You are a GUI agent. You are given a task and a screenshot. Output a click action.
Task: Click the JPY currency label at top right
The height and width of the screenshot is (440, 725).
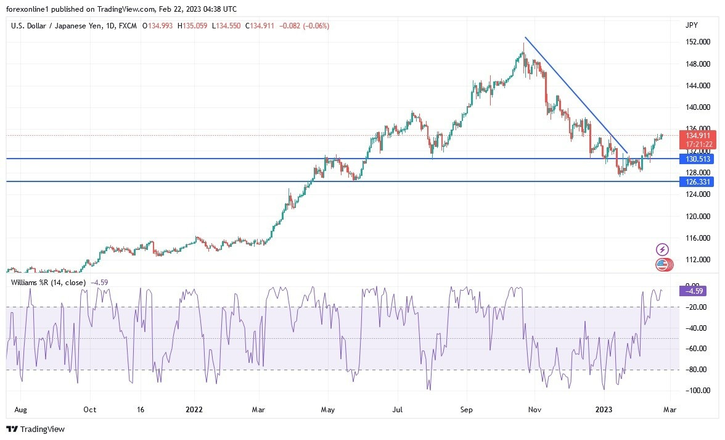692,25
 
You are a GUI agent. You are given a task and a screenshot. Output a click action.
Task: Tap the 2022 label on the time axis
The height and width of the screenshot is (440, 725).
195,409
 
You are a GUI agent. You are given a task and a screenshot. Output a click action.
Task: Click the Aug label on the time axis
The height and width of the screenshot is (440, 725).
20,409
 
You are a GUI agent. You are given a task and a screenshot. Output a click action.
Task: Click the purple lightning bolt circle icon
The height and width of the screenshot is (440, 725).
662,249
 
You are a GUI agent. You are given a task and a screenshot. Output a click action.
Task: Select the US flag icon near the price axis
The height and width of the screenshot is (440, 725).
662,265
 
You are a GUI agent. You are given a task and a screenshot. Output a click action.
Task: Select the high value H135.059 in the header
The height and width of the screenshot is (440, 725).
192,26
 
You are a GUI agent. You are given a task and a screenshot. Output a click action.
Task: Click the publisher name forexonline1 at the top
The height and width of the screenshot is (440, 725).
29,9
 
